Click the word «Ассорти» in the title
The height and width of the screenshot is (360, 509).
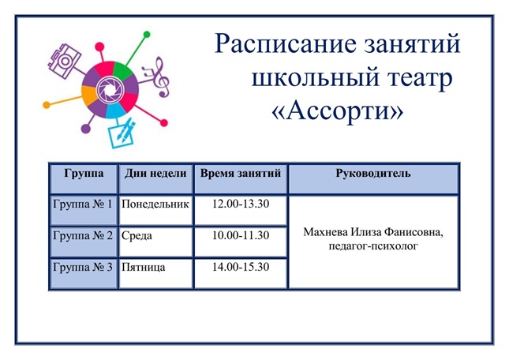click(x=338, y=111)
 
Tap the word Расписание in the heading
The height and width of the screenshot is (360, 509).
click(x=286, y=44)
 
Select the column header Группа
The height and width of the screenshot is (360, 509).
click(x=84, y=174)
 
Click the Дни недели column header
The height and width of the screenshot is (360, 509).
click(x=155, y=174)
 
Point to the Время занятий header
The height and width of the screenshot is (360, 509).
click(x=241, y=174)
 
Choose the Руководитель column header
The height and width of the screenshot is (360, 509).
click(x=373, y=174)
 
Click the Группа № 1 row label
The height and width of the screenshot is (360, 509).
click(x=83, y=204)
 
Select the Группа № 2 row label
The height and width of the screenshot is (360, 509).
click(x=83, y=235)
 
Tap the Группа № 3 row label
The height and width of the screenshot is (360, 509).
click(x=83, y=267)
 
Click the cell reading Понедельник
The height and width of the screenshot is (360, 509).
click(x=155, y=204)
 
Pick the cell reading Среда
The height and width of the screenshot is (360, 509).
click(x=137, y=236)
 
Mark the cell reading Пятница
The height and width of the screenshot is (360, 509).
click(x=143, y=268)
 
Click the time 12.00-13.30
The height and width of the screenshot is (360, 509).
click(x=241, y=204)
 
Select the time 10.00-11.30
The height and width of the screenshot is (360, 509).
click(x=241, y=235)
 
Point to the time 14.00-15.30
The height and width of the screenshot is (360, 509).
click(x=241, y=267)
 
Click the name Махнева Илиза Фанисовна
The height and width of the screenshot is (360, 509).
click(x=373, y=232)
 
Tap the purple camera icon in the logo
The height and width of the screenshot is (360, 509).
click(x=64, y=61)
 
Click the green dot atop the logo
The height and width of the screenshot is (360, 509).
click(x=147, y=35)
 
